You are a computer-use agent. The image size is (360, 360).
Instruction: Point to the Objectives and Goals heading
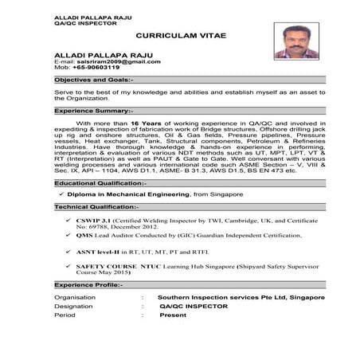[x=94, y=80]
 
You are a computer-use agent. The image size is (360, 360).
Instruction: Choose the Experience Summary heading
[x=94, y=111]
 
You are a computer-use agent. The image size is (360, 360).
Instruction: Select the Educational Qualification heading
[x=100, y=183]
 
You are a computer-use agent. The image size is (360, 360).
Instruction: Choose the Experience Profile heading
[x=89, y=284]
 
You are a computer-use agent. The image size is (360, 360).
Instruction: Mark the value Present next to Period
[x=173, y=315]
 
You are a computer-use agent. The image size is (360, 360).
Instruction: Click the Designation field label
[x=74, y=306]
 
